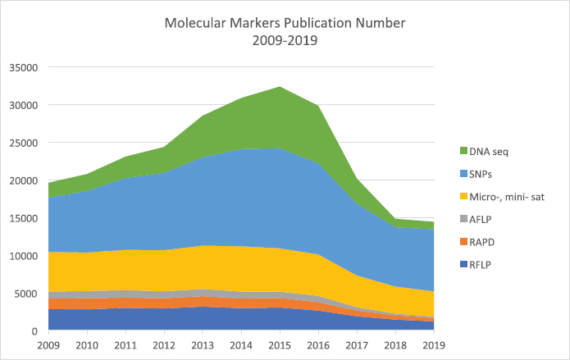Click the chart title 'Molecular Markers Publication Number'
pos(284,21)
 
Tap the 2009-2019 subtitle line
pos(284,39)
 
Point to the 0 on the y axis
pos(34,331)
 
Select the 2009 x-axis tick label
pos(49,344)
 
